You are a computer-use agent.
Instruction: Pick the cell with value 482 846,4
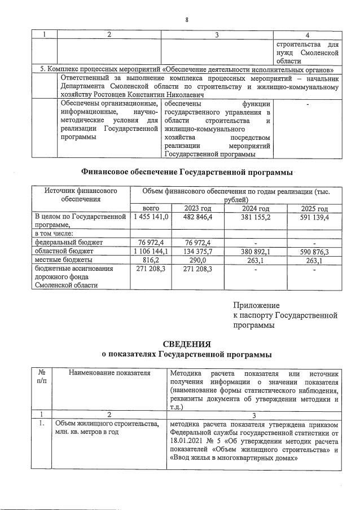point(193,217)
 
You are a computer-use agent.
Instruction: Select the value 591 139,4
point(311,217)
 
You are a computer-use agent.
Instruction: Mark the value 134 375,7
point(193,251)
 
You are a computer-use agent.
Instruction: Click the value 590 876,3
point(311,251)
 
